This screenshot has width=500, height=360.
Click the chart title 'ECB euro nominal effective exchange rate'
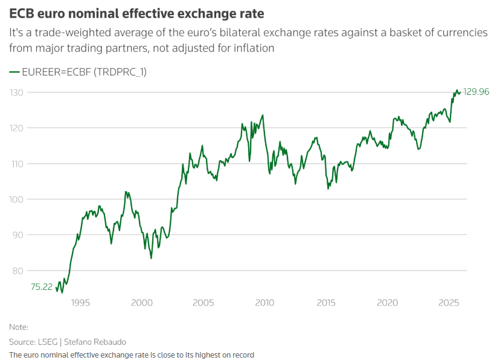tap(136, 13)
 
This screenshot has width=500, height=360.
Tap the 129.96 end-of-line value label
tap(476, 92)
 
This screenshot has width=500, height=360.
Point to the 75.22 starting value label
tap(42, 287)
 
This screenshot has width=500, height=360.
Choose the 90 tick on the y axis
tap(18, 235)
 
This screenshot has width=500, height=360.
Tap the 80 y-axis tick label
tap(18, 271)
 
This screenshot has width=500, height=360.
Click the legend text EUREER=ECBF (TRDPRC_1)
tap(84, 72)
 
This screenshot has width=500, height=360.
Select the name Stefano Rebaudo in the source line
tap(98, 342)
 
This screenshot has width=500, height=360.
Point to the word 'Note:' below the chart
tap(19, 327)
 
